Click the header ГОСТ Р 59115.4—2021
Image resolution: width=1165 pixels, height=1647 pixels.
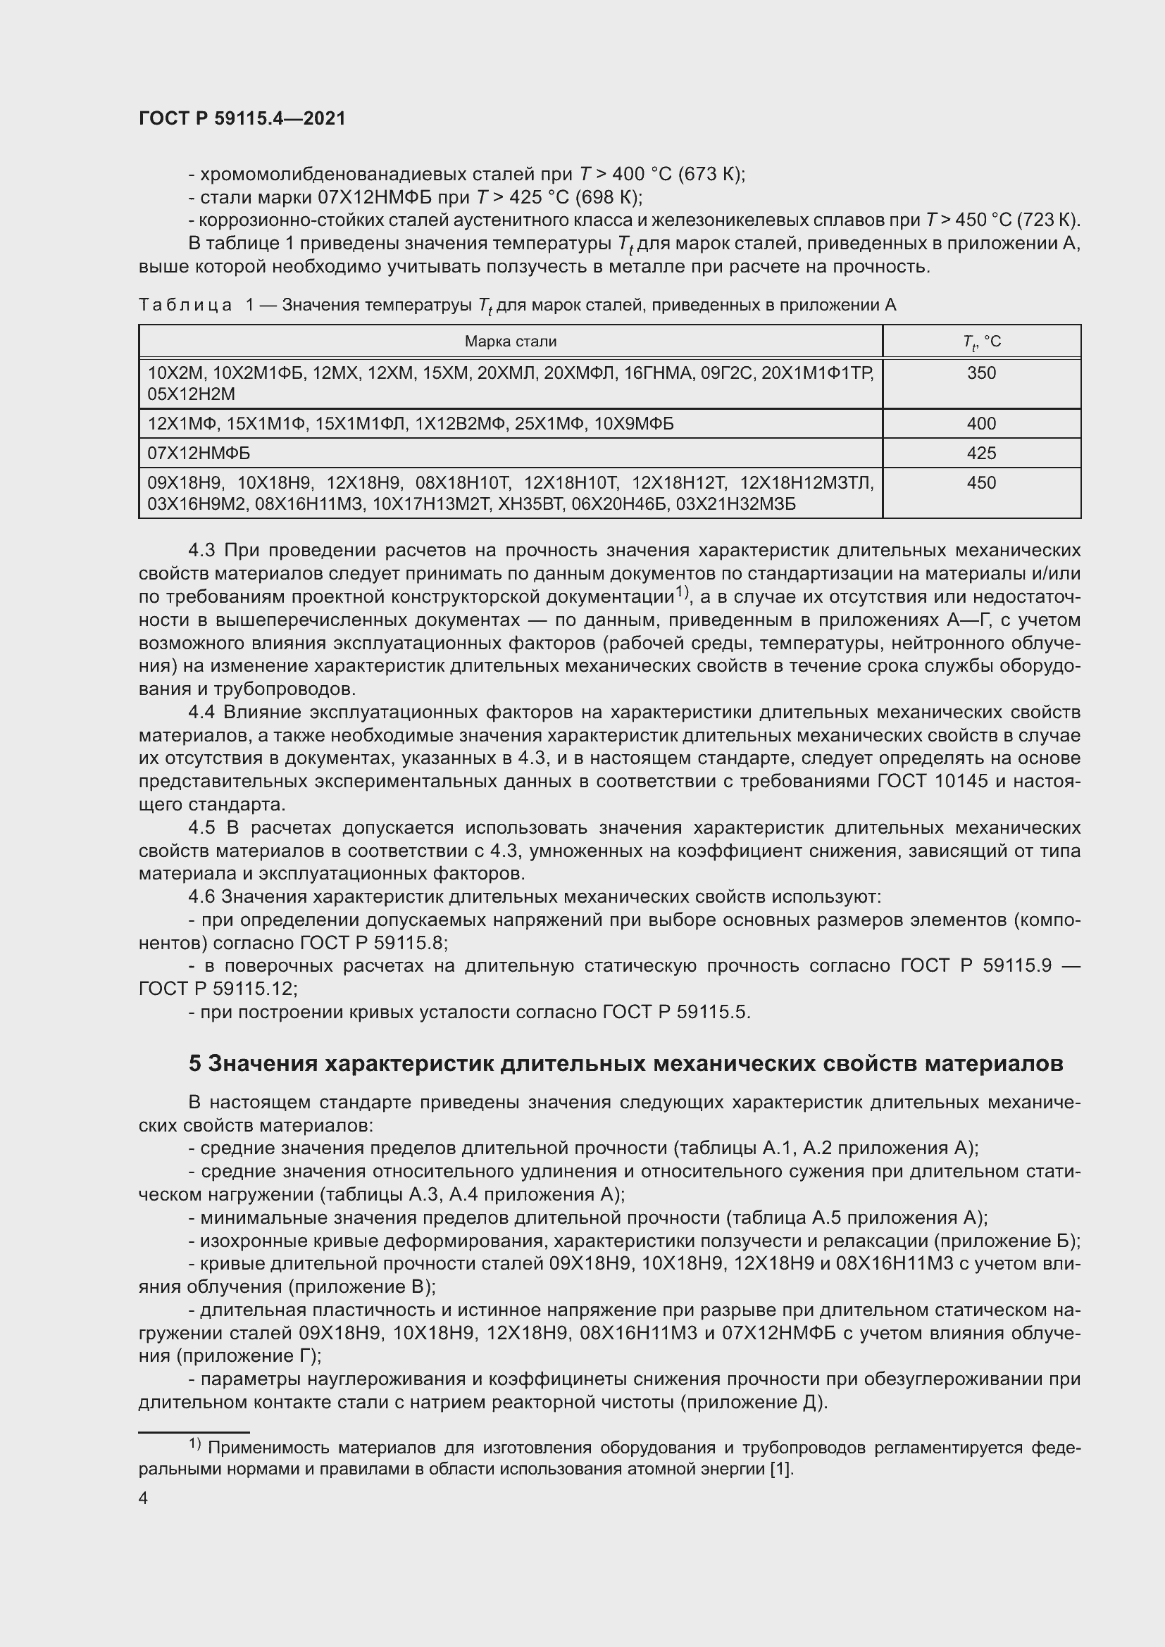(242, 119)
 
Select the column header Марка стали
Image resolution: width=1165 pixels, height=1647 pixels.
(510, 342)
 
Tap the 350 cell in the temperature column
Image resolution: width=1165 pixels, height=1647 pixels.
(980, 373)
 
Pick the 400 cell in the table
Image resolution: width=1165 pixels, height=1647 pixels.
(980, 424)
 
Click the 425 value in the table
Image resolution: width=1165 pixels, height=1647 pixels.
(980, 453)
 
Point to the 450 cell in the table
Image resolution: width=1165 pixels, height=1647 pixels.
(980, 483)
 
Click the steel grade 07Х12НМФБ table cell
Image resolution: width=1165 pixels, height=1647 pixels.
(199, 453)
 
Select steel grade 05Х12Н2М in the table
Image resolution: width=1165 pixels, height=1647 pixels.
(192, 394)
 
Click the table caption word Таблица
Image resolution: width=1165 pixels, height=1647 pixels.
(185, 306)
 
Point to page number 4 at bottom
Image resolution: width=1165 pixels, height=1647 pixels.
(144, 1498)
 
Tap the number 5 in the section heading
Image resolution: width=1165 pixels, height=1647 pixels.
(195, 1064)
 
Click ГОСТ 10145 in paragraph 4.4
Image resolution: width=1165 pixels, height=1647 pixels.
(933, 781)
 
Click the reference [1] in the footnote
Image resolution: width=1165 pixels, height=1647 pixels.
(781, 1469)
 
